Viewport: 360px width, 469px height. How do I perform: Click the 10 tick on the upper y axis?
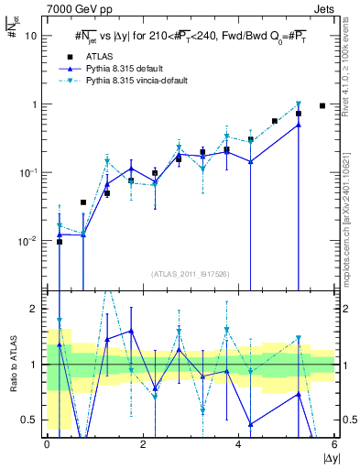click(34, 36)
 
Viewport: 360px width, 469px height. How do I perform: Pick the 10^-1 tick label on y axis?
click(30, 172)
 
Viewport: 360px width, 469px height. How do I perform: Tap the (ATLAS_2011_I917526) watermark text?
click(191, 274)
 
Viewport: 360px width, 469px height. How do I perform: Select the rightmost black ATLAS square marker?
click(322, 106)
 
